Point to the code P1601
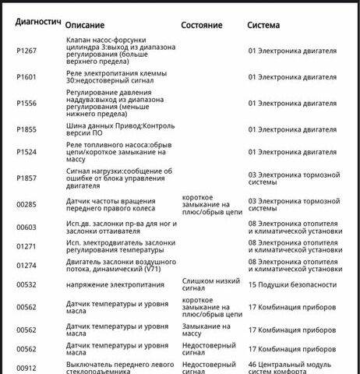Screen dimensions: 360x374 [x=26, y=78]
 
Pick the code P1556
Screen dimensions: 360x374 [x=26, y=103]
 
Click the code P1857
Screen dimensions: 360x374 [x=26, y=178]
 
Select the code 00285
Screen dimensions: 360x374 [x=26, y=205]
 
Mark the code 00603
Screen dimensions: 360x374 [x=26, y=227]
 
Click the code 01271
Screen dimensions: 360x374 [x=26, y=247]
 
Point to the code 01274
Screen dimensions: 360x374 [x=26, y=266]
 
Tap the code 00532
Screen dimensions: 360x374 [x=26, y=285]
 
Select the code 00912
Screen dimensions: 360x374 [x=26, y=367]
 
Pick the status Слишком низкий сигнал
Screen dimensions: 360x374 [x=208, y=284]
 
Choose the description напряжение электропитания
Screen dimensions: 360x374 [x=112, y=285]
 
